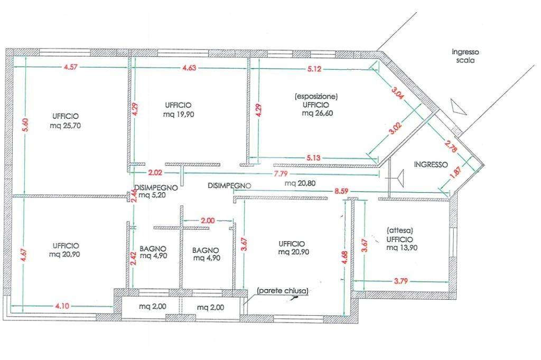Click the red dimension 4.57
click(70, 67)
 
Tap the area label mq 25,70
click(65, 126)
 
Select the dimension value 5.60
click(25, 125)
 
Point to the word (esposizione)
click(316, 97)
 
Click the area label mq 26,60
click(318, 113)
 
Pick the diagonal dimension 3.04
click(397, 93)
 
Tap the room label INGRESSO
click(431, 165)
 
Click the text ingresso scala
click(465, 56)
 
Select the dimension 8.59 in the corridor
click(341, 191)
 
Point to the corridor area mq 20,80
click(300, 183)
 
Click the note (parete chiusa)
click(283, 291)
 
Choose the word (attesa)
click(400, 230)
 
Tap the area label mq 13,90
click(402, 248)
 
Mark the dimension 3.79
click(400, 281)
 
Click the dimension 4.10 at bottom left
click(62, 306)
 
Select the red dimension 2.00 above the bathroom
click(207, 221)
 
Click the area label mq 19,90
click(179, 114)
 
